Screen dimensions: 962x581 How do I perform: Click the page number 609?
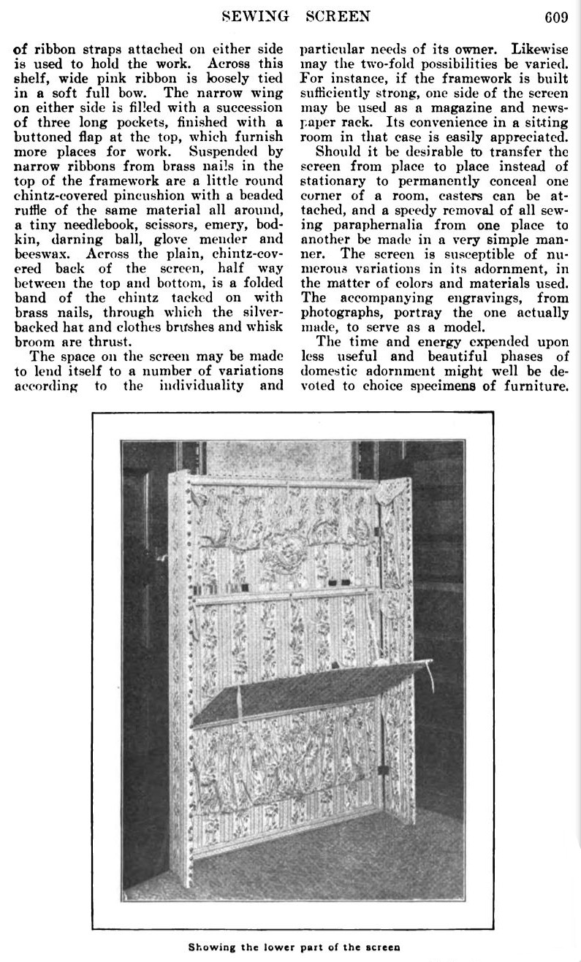pos(555,16)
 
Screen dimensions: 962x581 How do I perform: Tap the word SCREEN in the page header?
pos(338,16)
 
